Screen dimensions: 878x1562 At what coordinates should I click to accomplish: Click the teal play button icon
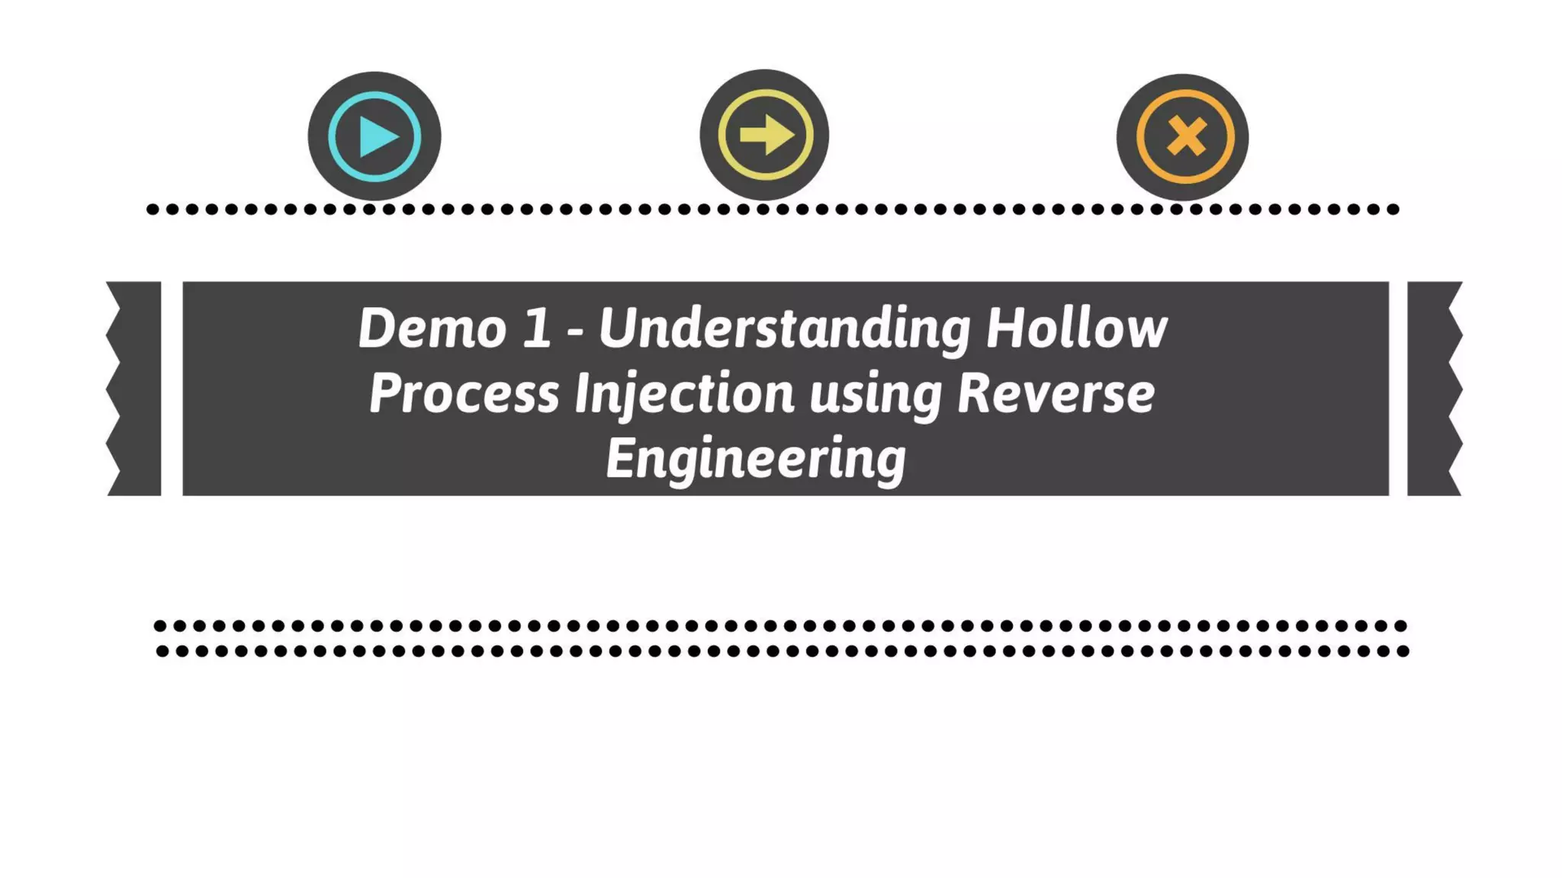click(x=374, y=136)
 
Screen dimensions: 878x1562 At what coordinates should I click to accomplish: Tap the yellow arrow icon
click(x=764, y=136)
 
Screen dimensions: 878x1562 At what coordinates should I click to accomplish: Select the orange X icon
click(x=1183, y=137)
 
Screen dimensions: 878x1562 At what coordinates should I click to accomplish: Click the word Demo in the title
click(x=432, y=328)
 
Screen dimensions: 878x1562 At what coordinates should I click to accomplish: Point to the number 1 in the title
click(x=537, y=328)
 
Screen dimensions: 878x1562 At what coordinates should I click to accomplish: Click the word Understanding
click(x=784, y=328)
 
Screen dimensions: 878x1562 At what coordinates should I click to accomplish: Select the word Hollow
click(x=1076, y=328)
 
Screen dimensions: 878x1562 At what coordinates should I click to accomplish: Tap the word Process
click(x=464, y=394)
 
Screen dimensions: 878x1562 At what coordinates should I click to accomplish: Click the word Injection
click(x=684, y=394)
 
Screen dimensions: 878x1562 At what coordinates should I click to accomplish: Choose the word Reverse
click(x=1056, y=394)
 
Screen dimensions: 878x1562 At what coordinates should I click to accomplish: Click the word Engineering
click(x=756, y=459)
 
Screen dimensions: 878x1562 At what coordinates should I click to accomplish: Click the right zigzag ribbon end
click(x=1433, y=389)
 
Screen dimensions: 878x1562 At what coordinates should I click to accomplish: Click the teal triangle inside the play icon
click(x=378, y=137)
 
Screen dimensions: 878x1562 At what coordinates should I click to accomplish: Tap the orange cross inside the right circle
click(x=1186, y=137)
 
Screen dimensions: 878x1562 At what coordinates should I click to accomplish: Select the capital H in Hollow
click(x=1004, y=328)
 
